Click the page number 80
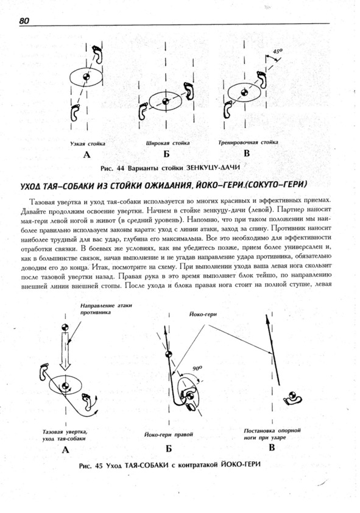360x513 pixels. pyautogui.click(x=24, y=21)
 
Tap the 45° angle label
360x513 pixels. pyautogui.click(x=278, y=51)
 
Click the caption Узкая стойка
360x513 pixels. pyautogui.click(x=88, y=144)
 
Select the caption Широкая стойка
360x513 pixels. pyautogui.click(x=168, y=143)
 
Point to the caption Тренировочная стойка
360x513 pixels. pyautogui.click(x=248, y=143)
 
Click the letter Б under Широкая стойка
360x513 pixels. pyautogui.click(x=167, y=154)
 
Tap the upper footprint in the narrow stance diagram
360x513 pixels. pyautogui.click(x=97, y=54)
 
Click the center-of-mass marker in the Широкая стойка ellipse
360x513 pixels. pyautogui.click(x=166, y=101)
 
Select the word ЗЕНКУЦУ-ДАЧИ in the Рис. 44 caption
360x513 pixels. pyautogui.click(x=213, y=168)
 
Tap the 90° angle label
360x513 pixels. pyautogui.click(x=197, y=368)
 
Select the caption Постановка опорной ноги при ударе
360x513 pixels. pyautogui.click(x=272, y=434)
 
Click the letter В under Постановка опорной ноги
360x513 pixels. pyautogui.click(x=272, y=448)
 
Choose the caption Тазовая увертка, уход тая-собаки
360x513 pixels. pyautogui.click(x=65, y=435)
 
